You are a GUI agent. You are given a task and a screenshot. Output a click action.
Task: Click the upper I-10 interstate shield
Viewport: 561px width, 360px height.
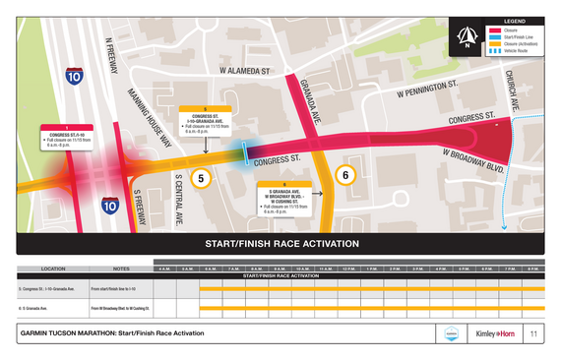75,75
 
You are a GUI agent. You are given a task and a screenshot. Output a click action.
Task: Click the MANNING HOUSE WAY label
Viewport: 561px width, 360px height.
151,118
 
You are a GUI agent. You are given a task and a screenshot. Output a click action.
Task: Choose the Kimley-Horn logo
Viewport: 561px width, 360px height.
495,334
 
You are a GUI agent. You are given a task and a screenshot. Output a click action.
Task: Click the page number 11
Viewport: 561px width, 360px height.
532,334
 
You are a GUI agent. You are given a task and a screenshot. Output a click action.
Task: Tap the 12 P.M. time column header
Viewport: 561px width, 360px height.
349,269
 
